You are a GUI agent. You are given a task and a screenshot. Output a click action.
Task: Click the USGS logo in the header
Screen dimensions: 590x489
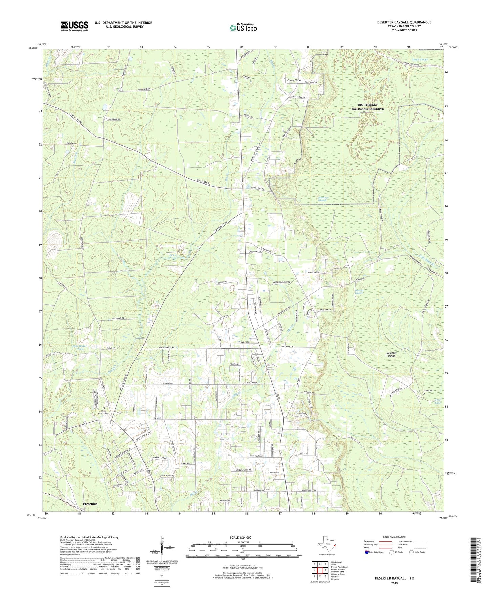coord(74,26)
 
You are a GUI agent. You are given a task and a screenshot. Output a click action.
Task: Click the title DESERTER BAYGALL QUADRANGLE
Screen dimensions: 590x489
coord(404,22)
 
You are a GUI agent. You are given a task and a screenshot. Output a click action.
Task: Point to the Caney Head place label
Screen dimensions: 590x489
coord(294,80)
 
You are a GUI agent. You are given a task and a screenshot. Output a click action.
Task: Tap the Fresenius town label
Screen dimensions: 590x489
coord(90,504)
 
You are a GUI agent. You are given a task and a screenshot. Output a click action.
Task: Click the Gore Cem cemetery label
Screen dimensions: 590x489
coord(428,391)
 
